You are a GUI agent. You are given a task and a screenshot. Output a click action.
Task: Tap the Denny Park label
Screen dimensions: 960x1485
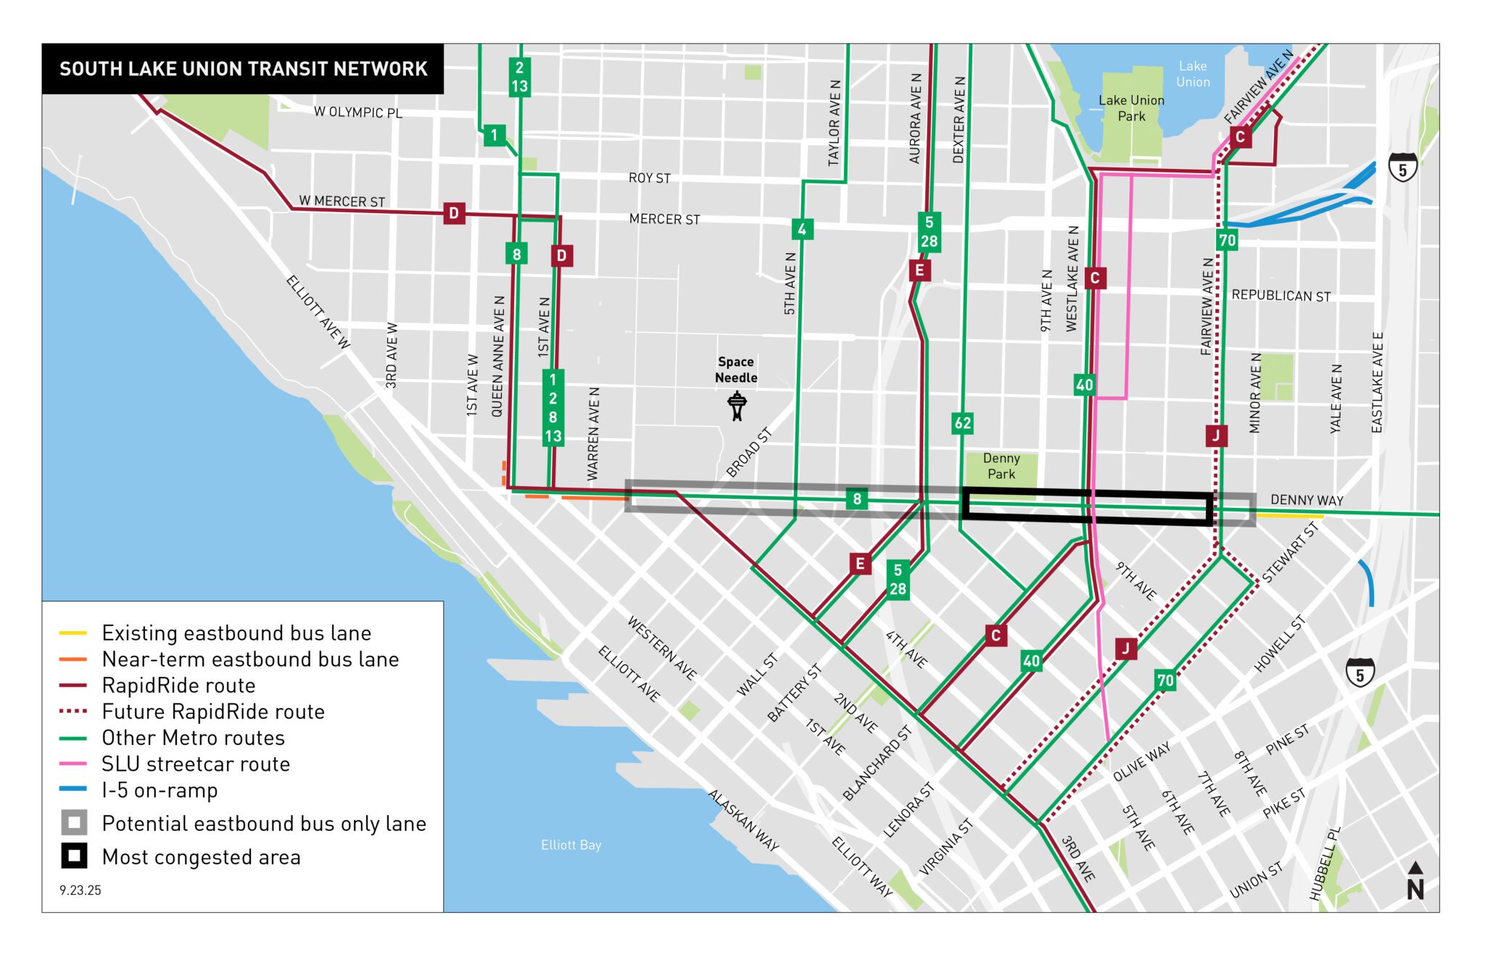click(1001, 466)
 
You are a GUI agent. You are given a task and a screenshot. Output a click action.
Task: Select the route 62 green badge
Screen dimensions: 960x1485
click(962, 423)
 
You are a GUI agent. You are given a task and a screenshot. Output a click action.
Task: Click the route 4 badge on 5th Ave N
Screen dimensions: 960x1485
click(801, 230)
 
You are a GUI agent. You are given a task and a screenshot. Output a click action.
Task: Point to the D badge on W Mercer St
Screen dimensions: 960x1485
click(454, 213)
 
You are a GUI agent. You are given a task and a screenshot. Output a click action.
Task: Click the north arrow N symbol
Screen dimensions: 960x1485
click(1415, 882)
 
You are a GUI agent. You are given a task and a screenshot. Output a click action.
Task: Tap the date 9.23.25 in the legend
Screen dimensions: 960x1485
click(80, 890)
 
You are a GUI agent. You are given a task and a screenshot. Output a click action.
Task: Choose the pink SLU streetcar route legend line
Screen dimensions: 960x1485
click(73, 764)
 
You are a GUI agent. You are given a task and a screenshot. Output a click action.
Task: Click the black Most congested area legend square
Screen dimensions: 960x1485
click(74, 856)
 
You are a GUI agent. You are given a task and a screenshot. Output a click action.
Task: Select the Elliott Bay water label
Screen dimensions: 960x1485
click(571, 845)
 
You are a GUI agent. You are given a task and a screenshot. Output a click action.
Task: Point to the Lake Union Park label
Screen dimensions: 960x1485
click(1131, 108)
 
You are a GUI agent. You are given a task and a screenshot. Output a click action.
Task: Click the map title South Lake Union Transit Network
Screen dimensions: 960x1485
click(243, 69)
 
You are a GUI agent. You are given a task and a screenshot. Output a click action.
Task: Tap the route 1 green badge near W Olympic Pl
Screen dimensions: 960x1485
click(495, 135)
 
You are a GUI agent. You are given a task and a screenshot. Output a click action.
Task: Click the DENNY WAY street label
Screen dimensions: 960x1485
click(1307, 500)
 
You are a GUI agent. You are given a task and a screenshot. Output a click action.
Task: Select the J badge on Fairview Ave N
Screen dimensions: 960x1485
click(1216, 435)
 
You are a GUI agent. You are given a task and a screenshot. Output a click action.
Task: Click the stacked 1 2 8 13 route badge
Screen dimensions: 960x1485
click(553, 408)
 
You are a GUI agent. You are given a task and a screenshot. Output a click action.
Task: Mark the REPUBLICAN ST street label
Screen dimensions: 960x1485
click(1281, 296)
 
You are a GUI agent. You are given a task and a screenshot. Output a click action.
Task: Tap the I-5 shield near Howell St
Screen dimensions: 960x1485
click(1360, 674)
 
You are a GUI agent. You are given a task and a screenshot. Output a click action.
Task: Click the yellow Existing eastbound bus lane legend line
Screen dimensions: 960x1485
click(73, 633)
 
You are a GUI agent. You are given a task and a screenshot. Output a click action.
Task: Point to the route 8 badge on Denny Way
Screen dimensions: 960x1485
click(856, 498)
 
